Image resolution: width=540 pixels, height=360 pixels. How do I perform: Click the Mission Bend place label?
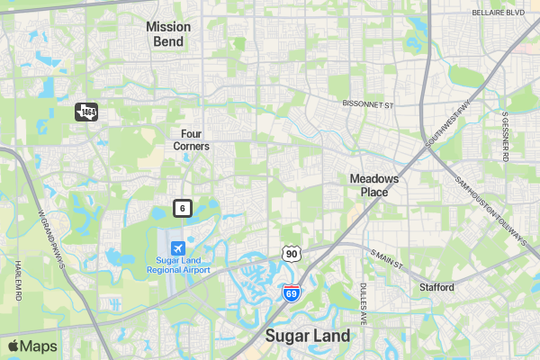[x=168, y=34]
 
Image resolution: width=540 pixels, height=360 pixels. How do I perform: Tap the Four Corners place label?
[x=190, y=139]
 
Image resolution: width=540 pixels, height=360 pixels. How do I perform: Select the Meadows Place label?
[x=374, y=185]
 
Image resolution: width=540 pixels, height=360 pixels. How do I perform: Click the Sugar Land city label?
[x=307, y=336]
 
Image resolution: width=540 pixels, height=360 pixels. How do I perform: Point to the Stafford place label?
[x=436, y=287]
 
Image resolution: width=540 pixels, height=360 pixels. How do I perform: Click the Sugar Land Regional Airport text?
[x=177, y=265]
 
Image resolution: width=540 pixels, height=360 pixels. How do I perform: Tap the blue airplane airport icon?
[x=177, y=247]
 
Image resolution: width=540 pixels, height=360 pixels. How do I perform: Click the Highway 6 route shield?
[x=183, y=209]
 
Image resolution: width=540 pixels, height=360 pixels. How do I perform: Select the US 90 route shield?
[x=290, y=254]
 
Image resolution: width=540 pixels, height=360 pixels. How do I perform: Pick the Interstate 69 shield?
[x=291, y=292]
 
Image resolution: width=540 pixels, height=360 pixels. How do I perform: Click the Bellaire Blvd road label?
[x=498, y=13]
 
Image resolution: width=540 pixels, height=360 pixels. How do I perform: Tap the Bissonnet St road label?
[x=369, y=105]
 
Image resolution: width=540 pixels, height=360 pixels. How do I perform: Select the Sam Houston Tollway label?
[x=490, y=211]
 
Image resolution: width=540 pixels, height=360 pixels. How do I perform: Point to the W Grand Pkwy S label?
[x=53, y=233]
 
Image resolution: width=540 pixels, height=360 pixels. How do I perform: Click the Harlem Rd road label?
[x=18, y=280]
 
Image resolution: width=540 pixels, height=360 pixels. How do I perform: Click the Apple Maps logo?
[x=32, y=346]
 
